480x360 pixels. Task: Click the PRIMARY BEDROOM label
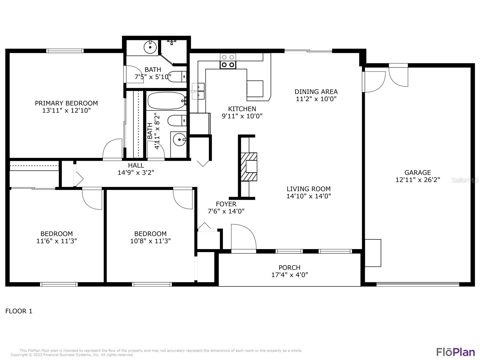(66, 103)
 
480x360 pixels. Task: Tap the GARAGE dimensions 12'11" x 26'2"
(418, 180)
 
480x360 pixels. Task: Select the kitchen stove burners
(228, 61)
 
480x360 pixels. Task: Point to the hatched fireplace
(249, 167)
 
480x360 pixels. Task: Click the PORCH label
(289, 267)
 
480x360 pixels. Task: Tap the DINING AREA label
(316, 91)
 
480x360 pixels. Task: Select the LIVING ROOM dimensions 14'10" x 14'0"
(309, 196)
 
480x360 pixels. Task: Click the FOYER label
(226, 204)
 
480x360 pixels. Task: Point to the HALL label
(136, 165)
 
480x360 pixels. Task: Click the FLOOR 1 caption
(19, 311)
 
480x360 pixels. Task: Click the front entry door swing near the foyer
(243, 237)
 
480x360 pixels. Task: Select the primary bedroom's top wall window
(65, 51)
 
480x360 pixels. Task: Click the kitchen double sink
(198, 91)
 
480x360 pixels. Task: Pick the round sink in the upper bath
(150, 47)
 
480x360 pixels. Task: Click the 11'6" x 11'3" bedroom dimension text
(57, 241)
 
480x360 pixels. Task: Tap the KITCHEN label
(242, 109)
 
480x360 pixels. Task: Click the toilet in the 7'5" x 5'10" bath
(177, 76)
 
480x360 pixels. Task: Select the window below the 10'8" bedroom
(152, 284)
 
